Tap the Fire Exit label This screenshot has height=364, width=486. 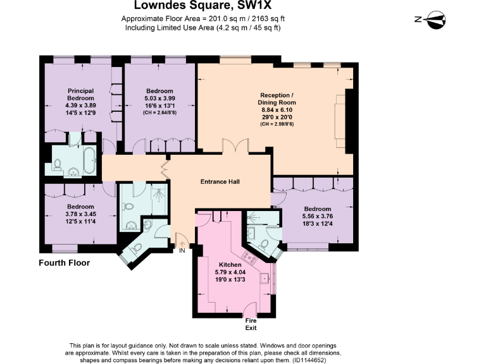pyautogui.click(x=252, y=324)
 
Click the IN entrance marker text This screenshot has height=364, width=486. pyautogui.click(x=182, y=251)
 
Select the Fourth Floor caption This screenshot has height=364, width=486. pyautogui.click(x=65, y=263)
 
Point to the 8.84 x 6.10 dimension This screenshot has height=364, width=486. pyautogui.click(x=277, y=110)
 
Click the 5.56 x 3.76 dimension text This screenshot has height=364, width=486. pyautogui.click(x=317, y=217)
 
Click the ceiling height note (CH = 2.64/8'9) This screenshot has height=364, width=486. pyautogui.click(x=159, y=113)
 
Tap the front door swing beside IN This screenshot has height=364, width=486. pyautogui.click(x=181, y=240)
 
